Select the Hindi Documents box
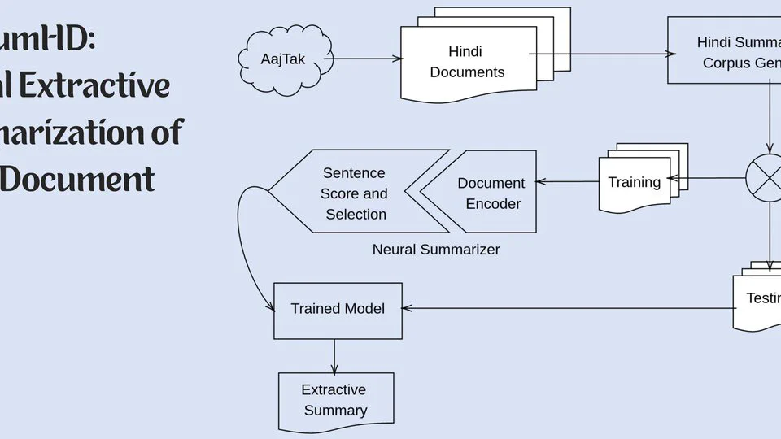coord(468,63)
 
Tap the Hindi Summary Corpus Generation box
coord(724,51)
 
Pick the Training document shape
coord(635,183)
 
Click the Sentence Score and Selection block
coord(355,193)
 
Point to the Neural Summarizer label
coord(436,250)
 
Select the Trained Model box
coord(338,310)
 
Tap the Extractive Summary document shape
coord(335,400)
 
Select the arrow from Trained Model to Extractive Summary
coord(334,356)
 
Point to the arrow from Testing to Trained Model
coord(569,308)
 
